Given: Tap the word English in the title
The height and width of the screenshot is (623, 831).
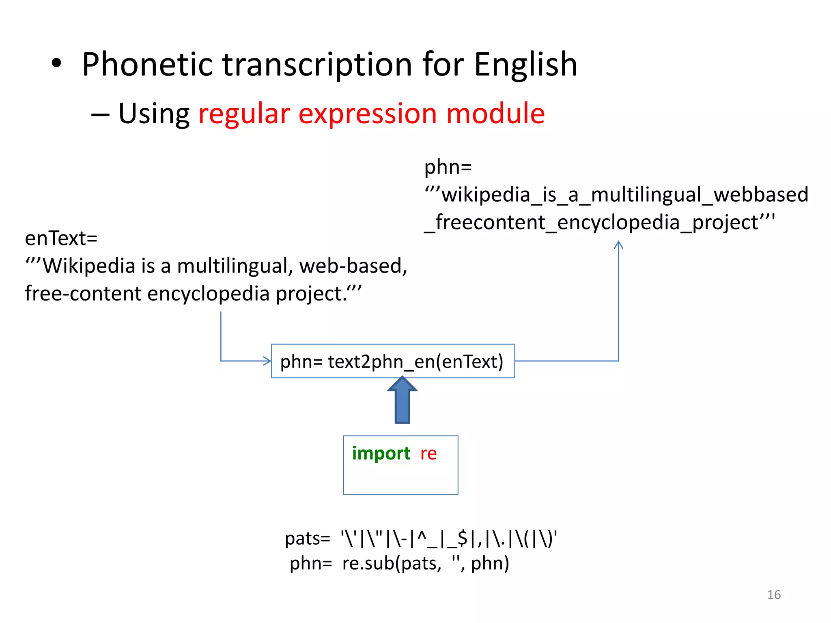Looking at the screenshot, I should [525, 65].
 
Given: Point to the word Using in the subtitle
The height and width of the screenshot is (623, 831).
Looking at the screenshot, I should [154, 114].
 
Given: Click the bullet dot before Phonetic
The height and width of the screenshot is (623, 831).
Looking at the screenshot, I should [56, 64].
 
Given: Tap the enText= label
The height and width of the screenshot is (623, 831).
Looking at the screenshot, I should [61, 238].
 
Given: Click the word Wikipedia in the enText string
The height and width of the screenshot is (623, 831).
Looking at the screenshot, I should [89, 266].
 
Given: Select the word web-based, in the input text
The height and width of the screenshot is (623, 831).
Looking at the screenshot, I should [353, 266].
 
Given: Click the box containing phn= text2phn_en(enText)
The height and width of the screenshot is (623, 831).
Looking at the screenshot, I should [392, 361].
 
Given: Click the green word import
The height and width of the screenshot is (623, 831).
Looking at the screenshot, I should [381, 453].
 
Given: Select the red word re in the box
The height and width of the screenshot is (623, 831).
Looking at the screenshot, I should [428, 453].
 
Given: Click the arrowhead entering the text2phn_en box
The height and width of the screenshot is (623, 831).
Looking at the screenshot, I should [267, 361].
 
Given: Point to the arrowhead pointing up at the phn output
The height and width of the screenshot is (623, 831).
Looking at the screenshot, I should [618, 245].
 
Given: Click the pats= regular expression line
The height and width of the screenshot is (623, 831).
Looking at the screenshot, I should [421, 539].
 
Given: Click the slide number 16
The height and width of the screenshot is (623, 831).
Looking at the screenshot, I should [774, 595].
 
